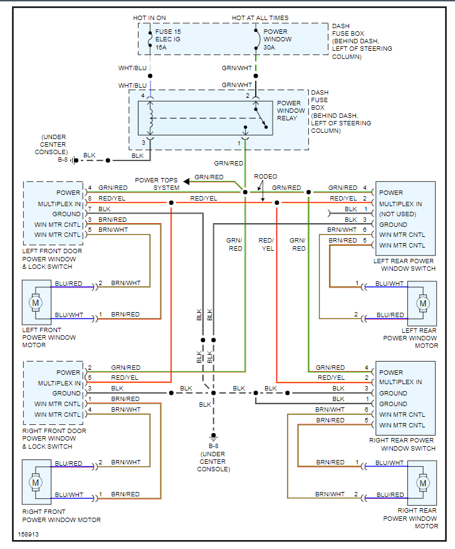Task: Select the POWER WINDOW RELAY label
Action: point(290,111)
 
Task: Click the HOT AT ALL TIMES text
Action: point(260,18)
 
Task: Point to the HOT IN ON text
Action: point(149,18)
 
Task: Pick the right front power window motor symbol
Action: point(36,483)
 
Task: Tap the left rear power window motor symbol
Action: point(423,304)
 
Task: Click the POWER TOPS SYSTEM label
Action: point(157,184)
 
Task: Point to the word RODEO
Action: point(265,177)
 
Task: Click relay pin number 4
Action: point(144,95)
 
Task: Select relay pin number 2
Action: point(248,95)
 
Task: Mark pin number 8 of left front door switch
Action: point(90,198)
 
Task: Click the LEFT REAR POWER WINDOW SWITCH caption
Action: point(404,264)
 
